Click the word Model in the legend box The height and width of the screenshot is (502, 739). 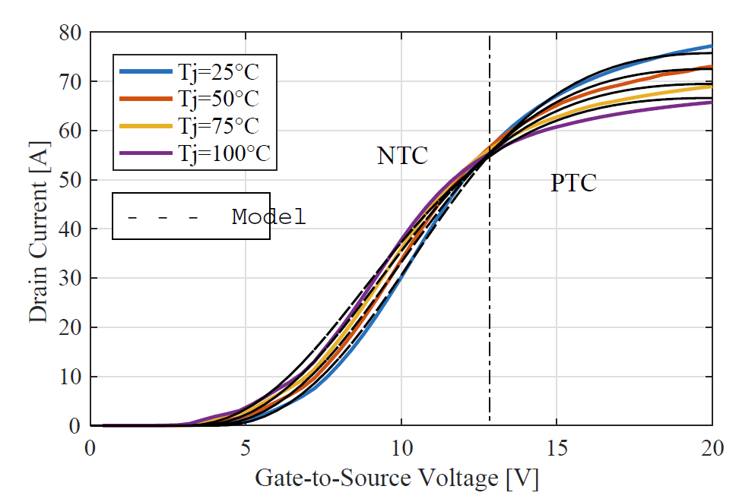click(268, 217)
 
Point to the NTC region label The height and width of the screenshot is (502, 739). click(402, 156)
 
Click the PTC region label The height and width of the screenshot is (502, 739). click(573, 183)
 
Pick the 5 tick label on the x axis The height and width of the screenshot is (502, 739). click(246, 448)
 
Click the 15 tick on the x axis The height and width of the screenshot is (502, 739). click(556, 448)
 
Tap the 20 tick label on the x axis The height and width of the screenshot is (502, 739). click(711, 448)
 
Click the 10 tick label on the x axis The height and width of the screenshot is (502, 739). click(401, 448)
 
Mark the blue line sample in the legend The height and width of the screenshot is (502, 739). click(145, 73)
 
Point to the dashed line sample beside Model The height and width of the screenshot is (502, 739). click(163, 218)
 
